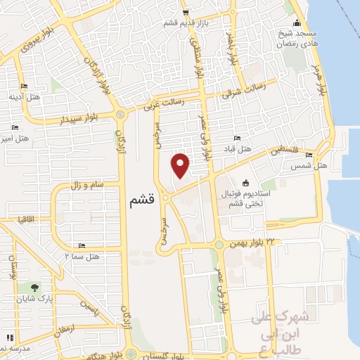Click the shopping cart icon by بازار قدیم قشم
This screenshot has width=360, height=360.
[x=186, y=12]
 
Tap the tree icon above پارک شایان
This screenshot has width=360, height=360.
[x=34, y=287]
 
